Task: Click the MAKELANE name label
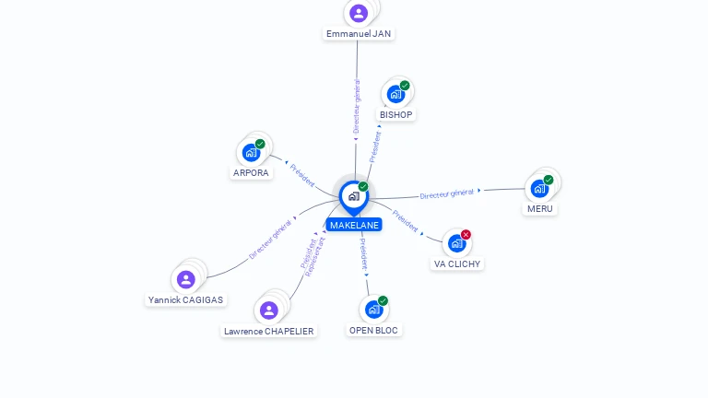click(354, 225)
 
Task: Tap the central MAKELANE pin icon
click(354, 197)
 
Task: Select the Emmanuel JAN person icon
click(359, 13)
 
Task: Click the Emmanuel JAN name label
click(359, 34)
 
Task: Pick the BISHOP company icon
click(396, 94)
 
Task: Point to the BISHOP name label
click(396, 114)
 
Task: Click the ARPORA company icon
click(251, 153)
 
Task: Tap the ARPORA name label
click(251, 173)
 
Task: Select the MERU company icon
click(539, 189)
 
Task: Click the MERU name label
click(540, 209)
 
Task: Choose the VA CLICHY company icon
click(457, 243)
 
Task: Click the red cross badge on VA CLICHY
click(466, 235)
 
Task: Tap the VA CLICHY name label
click(457, 264)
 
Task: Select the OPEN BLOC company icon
click(374, 310)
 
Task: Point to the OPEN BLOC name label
click(373, 331)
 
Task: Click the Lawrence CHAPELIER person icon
click(268, 310)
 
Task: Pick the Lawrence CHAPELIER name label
click(268, 332)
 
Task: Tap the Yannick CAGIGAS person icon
click(185, 279)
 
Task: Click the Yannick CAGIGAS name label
click(185, 300)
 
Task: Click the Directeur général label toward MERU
click(446, 194)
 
